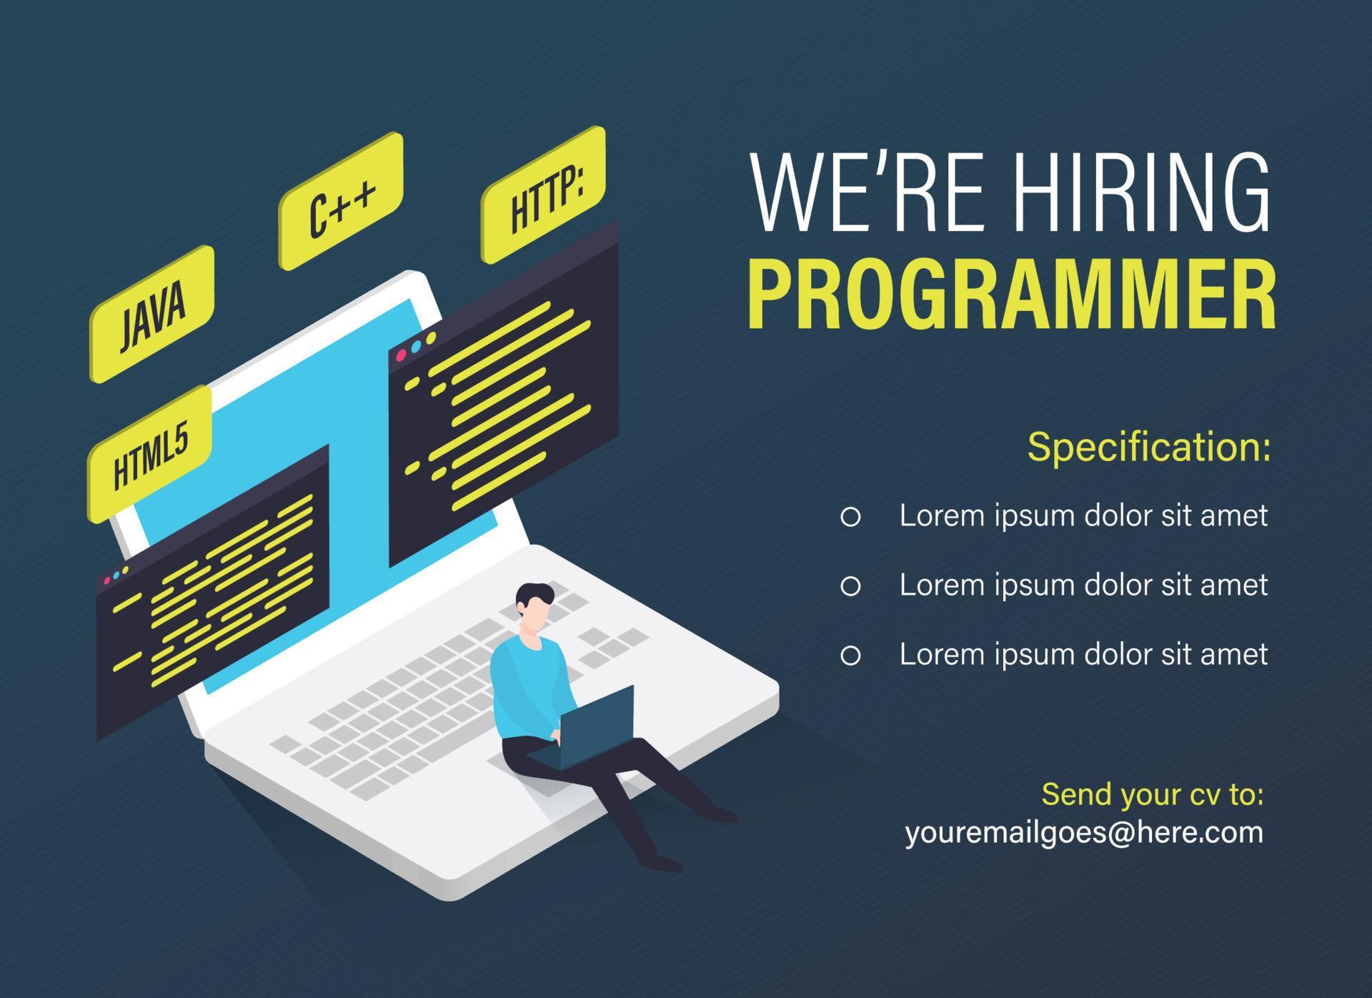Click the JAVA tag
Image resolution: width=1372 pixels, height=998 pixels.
click(x=152, y=315)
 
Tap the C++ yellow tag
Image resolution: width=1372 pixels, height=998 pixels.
click(x=341, y=201)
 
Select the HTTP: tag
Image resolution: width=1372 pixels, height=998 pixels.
click(x=544, y=194)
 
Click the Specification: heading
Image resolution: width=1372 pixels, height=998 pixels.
click(x=1148, y=447)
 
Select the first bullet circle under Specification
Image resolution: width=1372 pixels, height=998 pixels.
click(x=850, y=516)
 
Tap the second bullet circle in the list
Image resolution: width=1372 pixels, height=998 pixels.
click(x=850, y=586)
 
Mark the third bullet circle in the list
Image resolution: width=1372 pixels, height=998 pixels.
click(x=850, y=655)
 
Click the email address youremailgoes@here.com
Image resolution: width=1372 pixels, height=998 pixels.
click(x=1083, y=832)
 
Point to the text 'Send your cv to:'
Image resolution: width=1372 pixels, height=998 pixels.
click(x=1152, y=794)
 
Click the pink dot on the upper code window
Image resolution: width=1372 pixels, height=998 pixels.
click(x=401, y=355)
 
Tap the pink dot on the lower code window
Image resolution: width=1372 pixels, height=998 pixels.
click(x=107, y=580)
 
